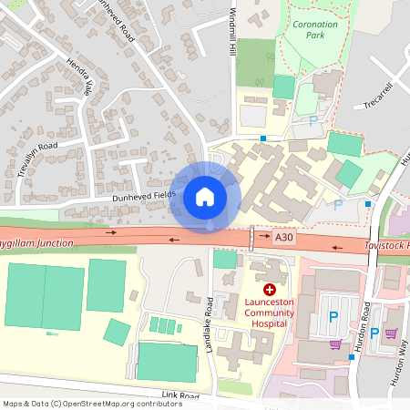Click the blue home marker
205,196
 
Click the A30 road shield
285,237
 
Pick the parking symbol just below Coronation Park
313,120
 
